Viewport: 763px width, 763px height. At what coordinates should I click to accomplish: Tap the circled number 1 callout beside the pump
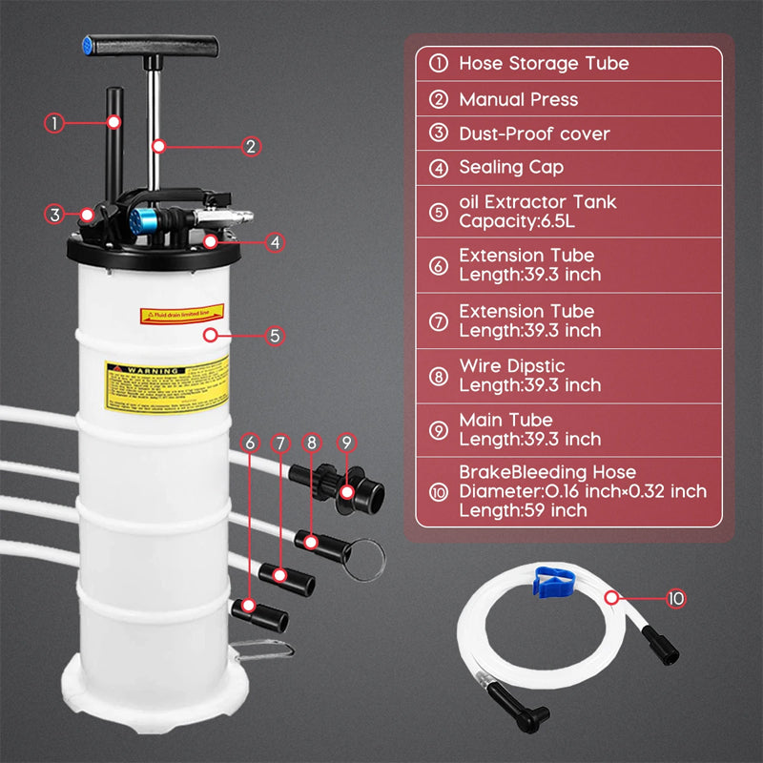[x=55, y=122]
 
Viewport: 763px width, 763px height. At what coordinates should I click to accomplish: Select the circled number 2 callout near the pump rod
[x=251, y=146]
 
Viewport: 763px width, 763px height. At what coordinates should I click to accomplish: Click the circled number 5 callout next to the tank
[x=275, y=336]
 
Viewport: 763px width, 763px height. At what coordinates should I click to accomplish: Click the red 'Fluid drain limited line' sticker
[x=181, y=313]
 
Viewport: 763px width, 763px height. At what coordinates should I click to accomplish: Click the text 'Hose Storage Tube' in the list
[x=544, y=64]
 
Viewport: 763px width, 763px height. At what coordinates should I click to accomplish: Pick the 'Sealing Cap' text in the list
[x=511, y=167]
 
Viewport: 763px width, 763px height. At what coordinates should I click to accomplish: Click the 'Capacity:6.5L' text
[x=518, y=220]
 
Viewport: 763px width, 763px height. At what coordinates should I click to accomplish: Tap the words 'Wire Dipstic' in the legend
[x=511, y=366]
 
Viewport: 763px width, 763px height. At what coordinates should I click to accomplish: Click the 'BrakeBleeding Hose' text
[x=547, y=473]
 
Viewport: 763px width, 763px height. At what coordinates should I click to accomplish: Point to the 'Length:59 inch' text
[x=523, y=510]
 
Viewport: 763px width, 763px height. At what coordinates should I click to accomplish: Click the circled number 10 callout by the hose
[x=675, y=599]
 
